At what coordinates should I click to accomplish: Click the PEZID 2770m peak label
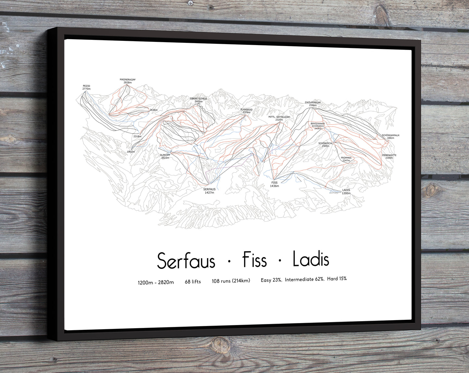pos(86,88)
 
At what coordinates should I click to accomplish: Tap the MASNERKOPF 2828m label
pos(128,81)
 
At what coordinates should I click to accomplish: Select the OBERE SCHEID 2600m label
pos(198,100)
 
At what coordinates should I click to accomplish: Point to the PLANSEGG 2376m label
pos(246,111)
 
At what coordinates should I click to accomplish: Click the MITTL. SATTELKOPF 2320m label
pos(279,118)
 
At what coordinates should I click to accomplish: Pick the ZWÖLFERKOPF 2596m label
pos(313,104)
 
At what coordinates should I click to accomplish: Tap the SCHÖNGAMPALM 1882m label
pos(390,137)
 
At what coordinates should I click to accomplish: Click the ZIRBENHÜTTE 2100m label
pos(389,156)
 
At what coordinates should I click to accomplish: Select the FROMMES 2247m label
pos(346,159)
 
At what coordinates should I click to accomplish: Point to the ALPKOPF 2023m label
pos(165,156)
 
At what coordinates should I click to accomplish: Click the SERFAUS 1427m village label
pos(209,191)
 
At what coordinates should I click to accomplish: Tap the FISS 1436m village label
pos(275,184)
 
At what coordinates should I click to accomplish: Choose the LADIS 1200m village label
pos(346,192)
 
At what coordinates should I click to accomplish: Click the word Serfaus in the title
pos(186,261)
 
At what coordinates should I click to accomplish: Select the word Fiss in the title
pos(255,260)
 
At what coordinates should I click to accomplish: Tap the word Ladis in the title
pos(311,259)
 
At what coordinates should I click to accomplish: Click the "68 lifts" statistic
pos(193,282)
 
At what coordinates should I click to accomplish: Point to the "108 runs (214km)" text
pos(231,281)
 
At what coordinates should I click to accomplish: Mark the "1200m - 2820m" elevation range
pos(156,283)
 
